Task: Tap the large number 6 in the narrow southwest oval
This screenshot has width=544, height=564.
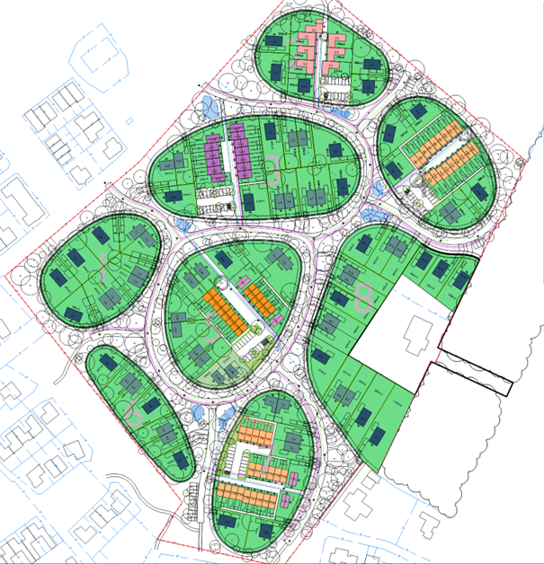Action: [x=134, y=412]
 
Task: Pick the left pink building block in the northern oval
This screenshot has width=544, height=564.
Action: [x=304, y=56]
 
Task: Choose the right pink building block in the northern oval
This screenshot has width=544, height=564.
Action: [x=334, y=49]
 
